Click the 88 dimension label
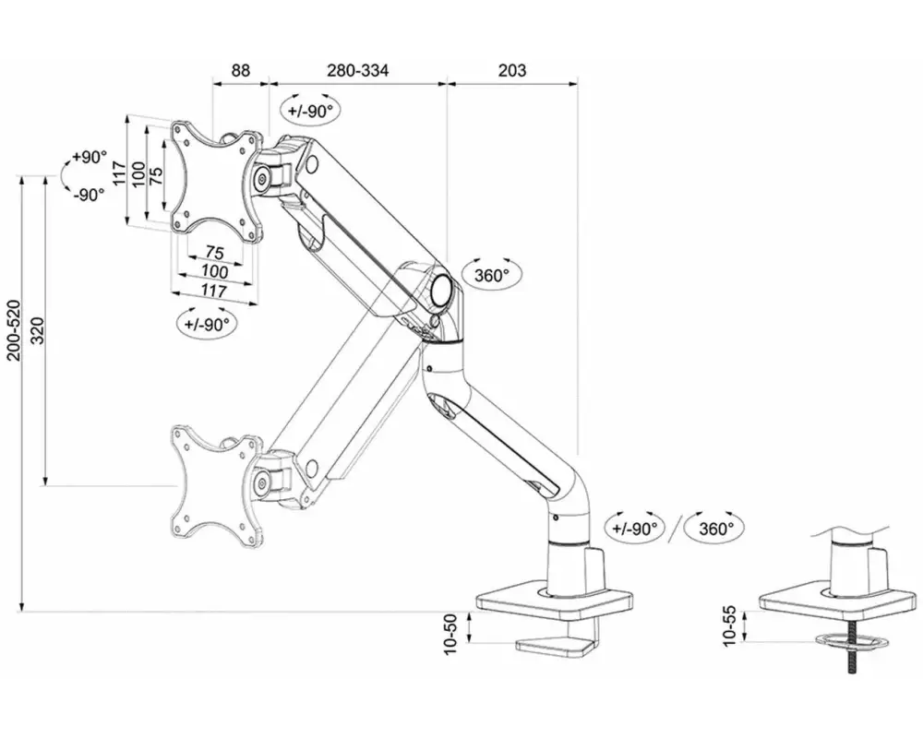(x=240, y=71)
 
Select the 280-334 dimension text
(x=358, y=71)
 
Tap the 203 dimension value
(x=512, y=71)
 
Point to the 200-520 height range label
(x=13, y=330)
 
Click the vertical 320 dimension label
(x=37, y=331)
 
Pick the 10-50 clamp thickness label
(x=450, y=635)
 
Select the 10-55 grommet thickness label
(x=729, y=626)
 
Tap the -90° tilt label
(x=89, y=195)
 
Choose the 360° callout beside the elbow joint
(x=491, y=275)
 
